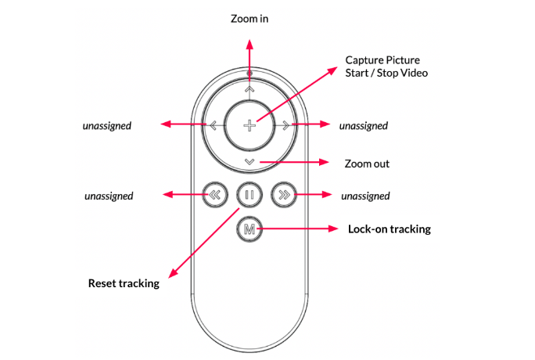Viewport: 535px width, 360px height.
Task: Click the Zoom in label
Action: pyautogui.click(x=250, y=19)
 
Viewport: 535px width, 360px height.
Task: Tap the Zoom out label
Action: pyautogui.click(x=367, y=164)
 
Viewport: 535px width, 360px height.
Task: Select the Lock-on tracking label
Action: pyautogui.click(x=390, y=229)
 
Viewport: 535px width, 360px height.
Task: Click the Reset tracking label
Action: pyautogui.click(x=124, y=283)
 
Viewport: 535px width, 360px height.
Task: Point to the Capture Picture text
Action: pyautogui.click(x=382, y=60)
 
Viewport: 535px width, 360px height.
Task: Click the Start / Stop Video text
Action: pyautogui.click(x=386, y=73)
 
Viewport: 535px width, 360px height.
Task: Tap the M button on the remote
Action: pyautogui.click(x=250, y=229)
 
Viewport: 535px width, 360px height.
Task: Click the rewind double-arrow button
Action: pyautogui.click(x=215, y=195)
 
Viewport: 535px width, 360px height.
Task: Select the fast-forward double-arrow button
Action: pyautogui.click(x=284, y=195)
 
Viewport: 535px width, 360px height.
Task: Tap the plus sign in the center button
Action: pyautogui.click(x=250, y=125)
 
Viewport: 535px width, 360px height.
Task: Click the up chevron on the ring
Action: pyautogui.click(x=250, y=89)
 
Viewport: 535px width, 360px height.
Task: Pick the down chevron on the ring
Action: pyautogui.click(x=250, y=162)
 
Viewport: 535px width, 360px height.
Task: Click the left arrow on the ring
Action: pyautogui.click(x=214, y=125)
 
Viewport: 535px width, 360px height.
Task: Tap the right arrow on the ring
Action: pyautogui.click(x=285, y=125)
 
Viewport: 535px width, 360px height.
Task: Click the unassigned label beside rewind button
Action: pyautogui.click(x=109, y=196)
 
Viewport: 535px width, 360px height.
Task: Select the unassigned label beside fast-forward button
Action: pyautogui.click(x=365, y=196)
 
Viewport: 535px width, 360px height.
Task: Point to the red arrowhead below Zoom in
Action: pyautogui.click(x=250, y=45)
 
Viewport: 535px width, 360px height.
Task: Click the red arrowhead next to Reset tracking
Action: pyautogui.click(x=174, y=272)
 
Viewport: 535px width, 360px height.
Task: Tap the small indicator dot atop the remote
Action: pyautogui.click(x=250, y=73)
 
